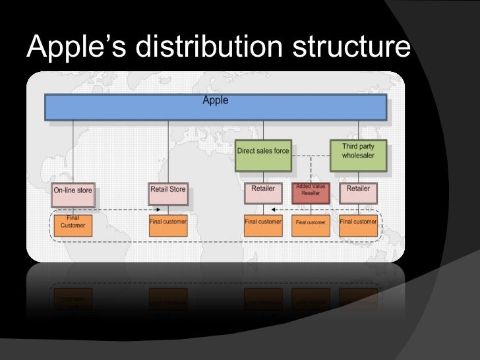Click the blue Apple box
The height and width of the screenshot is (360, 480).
point(215,107)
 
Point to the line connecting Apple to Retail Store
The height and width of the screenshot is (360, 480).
point(167,152)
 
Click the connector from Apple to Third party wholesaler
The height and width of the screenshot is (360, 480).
point(358,130)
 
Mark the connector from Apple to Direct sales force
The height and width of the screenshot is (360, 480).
point(262,130)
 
